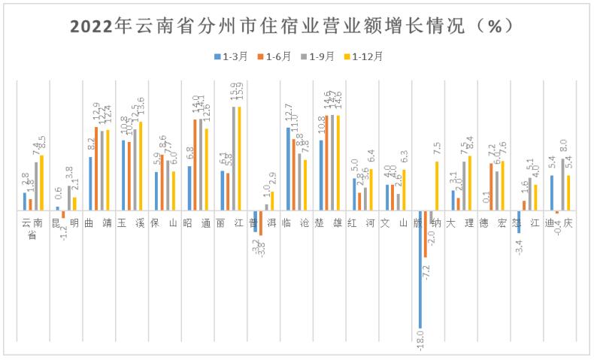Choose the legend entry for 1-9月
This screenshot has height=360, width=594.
(x=314, y=56)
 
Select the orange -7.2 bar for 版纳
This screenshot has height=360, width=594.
(x=426, y=234)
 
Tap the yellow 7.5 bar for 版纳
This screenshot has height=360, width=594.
(x=436, y=186)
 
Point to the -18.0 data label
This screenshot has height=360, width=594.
(x=421, y=341)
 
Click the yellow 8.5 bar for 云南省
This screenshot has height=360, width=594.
(x=41, y=183)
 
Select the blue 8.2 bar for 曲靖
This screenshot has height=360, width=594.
(x=91, y=183)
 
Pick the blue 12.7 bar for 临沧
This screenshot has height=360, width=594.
(x=289, y=168)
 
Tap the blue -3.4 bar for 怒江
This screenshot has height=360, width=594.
(x=519, y=222)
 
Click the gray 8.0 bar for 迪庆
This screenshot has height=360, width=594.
(x=562, y=184)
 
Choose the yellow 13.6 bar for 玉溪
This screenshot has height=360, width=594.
(x=141, y=165)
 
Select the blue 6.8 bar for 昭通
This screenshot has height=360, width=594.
(x=189, y=188)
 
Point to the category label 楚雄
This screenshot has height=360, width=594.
(x=329, y=223)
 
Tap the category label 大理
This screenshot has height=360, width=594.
(x=459, y=223)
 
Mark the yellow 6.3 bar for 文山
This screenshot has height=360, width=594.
(x=404, y=189)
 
